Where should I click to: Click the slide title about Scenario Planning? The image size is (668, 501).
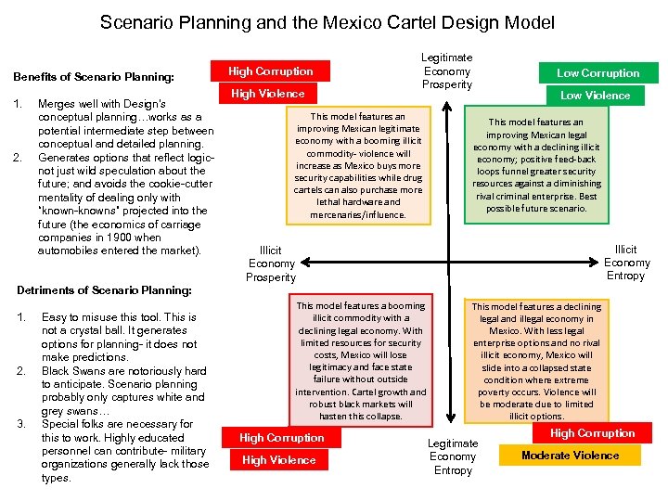click(x=327, y=22)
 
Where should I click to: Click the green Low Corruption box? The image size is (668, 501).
click(x=597, y=72)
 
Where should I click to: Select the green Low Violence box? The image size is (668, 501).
click(x=595, y=95)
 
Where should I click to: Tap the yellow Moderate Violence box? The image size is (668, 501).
click(x=570, y=456)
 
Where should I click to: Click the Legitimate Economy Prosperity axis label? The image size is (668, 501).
click(x=447, y=71)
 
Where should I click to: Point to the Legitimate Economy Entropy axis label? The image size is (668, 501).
click(x=454, y=456)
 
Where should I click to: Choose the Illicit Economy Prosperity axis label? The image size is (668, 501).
click(x=271, y=263)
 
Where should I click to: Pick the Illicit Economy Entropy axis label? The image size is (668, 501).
click(x=626, y=263)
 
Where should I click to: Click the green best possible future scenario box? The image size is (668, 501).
click(x=537, y=165)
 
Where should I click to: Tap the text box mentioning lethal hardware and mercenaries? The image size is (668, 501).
click(x=358, y=166)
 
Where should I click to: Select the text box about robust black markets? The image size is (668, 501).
click(x=360, y=360)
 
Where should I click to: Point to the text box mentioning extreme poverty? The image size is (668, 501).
click(x=536, y=361)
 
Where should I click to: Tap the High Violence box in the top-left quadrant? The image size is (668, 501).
click(x=268, y=94)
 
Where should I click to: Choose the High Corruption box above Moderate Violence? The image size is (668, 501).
click(x=592, y=433)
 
